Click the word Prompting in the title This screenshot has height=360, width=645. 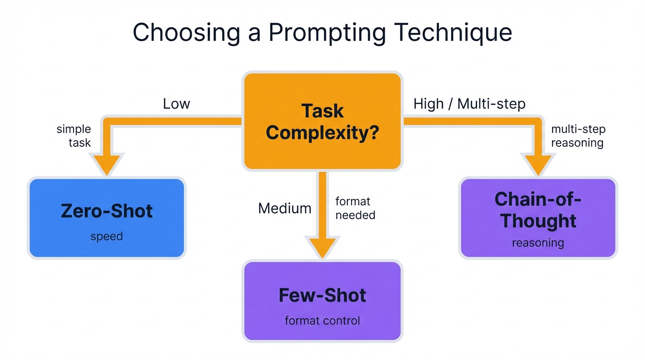(x=327, y=33)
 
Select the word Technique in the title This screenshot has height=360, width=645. (x=453, y=33)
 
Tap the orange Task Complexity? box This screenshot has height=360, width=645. (x=322, y=121)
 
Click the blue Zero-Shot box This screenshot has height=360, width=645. (x=107, y=218)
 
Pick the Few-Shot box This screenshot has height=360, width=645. (x=322, y=301)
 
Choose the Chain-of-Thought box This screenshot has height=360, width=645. (x=538, y=218)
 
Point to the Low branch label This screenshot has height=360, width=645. (x=176, y=104)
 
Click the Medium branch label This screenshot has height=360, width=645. (x=285, y=208)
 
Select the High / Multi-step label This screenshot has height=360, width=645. (x=469, y=104)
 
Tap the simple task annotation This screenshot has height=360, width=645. (x=74, y=135)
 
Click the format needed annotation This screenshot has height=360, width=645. (x=355, y=208)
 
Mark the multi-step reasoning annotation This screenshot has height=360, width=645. (x=577, y=135)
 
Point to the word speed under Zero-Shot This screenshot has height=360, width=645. (x=107, y=237)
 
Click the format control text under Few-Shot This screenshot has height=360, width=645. (x=322, y=321)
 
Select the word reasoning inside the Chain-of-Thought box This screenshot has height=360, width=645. (x=538, y=243)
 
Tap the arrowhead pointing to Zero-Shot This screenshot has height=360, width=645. (x=107, y=165)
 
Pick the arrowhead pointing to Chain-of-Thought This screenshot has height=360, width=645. (x=538, y=165)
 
